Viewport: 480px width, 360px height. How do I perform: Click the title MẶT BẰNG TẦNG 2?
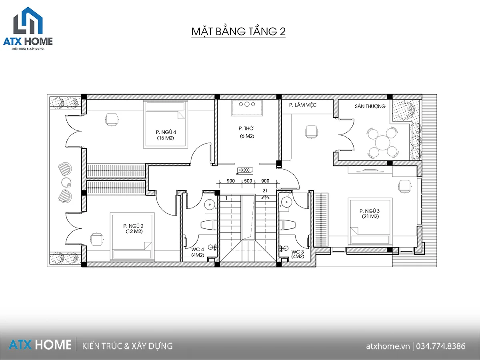tap(238, 32)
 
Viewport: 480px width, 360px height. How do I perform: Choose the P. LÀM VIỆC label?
tap(303, 105)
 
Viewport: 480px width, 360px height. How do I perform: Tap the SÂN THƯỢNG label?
tap(370, 106)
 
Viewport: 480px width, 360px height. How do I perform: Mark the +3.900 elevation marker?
tap(245, 170)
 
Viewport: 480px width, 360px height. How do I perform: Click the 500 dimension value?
tap(248, 181)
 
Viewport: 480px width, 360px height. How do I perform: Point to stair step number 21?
tap(265, 191)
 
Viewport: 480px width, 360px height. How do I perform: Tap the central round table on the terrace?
tap(382, 143)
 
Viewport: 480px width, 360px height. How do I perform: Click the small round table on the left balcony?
tap(66, 182)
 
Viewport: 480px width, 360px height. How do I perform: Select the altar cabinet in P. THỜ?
tap(247, 108)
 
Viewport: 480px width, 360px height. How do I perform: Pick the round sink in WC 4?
tap(210, 204)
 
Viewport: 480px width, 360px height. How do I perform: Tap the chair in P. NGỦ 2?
tap(96, 239)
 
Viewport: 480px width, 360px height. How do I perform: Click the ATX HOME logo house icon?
tap(28, 20)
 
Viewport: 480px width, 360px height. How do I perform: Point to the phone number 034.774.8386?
tap(441, 346)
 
